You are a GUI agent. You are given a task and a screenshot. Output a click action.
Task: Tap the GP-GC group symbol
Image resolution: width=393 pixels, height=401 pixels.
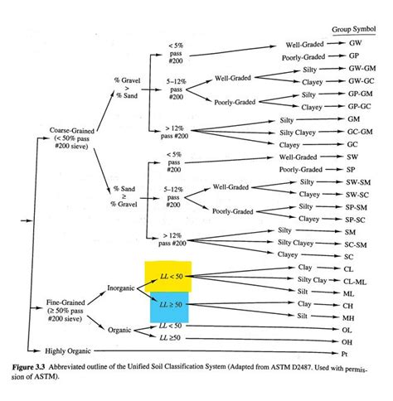[x=358, y=107]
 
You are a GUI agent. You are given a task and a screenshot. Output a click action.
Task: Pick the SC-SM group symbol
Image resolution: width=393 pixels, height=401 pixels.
[x=357, y=244]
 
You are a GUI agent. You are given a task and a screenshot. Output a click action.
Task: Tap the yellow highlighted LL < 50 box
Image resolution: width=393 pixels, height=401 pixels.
[x=168, y=275]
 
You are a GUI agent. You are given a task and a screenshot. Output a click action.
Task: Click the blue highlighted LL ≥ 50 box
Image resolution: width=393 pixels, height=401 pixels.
[x=168, y=307]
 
